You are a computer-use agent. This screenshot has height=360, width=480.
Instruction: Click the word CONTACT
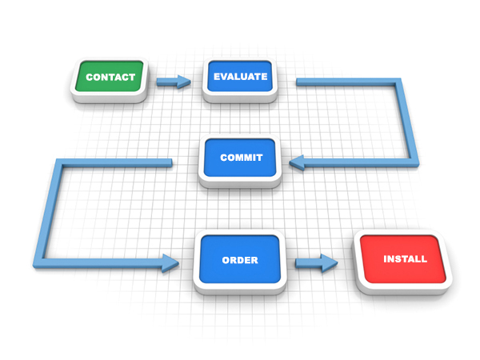[x=110, y=77]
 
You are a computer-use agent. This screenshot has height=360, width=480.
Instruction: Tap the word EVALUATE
[x=240, y=77]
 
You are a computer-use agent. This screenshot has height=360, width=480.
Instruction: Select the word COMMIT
[x=242, y=158]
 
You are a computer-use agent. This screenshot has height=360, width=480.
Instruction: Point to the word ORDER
[x=240, y=260]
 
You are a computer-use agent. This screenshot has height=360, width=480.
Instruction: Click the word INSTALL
[x=406, y=259]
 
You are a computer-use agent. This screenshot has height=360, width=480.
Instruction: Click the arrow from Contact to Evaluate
[x=174, y=82]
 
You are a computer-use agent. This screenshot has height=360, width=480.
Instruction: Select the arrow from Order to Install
[x=317, y=263]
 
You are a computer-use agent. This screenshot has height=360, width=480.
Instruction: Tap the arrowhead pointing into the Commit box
[x=297, y=162]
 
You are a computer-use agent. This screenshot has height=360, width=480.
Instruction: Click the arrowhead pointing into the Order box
[x=170, y=263]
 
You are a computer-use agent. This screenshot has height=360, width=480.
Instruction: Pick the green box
[x=110, y=77]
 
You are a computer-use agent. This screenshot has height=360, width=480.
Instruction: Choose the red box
[x=403, y=259]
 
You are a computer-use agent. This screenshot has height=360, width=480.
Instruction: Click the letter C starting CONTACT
[x=90, y=77]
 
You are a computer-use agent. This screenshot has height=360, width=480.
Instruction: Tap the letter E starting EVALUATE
[x=217, y=77]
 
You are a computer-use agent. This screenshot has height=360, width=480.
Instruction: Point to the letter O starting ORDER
[x=226, y=260]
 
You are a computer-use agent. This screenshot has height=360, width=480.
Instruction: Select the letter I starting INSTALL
[x=385, y=259]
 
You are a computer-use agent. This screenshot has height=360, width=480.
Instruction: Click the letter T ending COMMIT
[x=259, y=158]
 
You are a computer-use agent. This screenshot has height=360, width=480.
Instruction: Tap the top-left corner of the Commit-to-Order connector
[x=59, y=162]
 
